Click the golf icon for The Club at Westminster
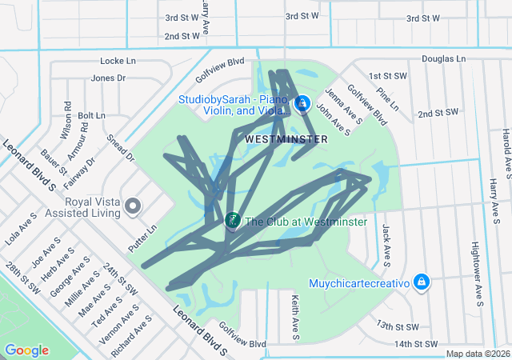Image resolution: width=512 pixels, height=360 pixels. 233,220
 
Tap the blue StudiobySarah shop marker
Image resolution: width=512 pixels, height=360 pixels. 302,104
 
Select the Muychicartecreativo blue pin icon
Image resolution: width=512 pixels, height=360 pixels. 422,282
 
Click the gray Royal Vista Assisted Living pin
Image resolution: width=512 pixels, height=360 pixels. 134,207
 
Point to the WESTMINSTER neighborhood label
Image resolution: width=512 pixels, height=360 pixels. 286,139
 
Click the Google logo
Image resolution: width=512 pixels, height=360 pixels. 27,350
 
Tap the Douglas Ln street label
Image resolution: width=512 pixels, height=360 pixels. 443,58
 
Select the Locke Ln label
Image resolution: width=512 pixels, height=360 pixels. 118,61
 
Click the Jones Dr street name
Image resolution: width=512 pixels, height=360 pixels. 108,78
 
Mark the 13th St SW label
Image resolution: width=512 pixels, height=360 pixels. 398,326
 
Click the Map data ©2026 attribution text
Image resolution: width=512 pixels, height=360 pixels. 478,354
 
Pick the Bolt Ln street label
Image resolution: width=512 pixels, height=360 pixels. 91,115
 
